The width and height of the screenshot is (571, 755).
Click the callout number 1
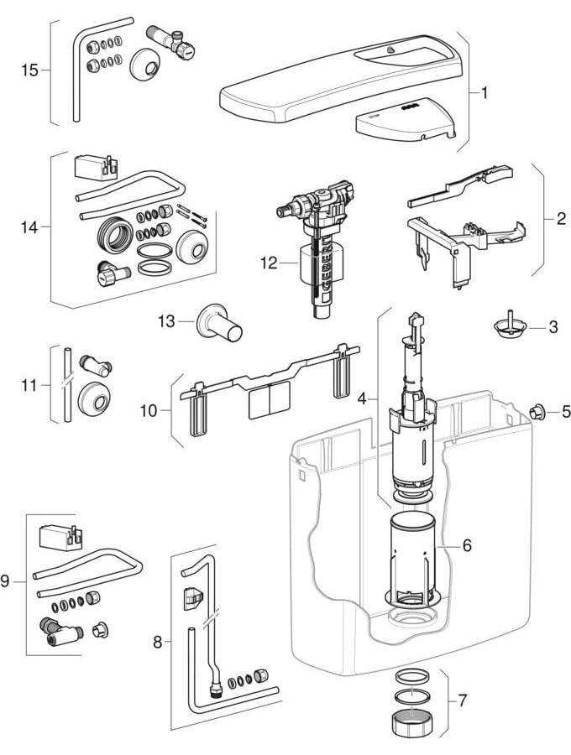point(485,92)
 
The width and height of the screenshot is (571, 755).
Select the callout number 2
point(560,221)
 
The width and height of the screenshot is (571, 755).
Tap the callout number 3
point(553,327)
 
